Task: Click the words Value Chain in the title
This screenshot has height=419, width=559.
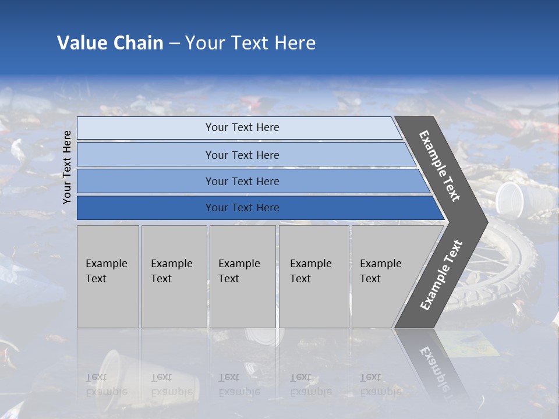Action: (110, 43)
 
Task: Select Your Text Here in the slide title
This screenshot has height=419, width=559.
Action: (250, 43)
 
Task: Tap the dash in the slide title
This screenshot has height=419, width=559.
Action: (174, 44)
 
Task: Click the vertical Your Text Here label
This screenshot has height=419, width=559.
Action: (67, 167)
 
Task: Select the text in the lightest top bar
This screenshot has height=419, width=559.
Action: (242, 127)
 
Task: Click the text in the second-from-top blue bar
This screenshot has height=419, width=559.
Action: (242, 155)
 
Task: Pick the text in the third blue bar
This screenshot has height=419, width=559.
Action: (242, 181)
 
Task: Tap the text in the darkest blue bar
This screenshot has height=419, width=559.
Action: (242, 208)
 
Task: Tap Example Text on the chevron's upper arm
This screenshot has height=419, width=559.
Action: (440, 166)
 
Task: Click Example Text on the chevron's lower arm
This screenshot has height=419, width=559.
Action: (441, 275)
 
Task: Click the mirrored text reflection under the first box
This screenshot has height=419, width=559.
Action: (107, 384)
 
